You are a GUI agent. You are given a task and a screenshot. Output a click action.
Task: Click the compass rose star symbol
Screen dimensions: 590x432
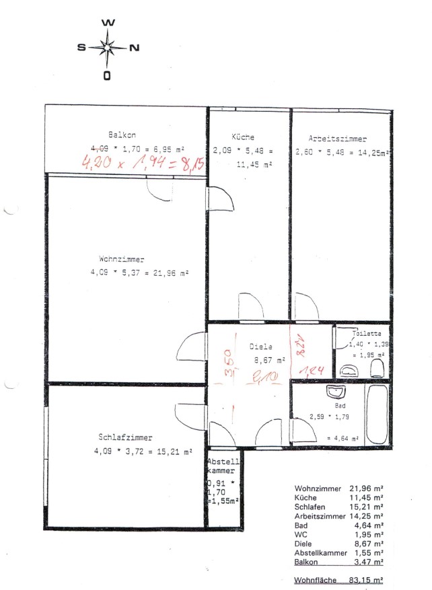click(x=107, y=48)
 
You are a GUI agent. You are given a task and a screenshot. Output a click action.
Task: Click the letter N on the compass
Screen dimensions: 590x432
click(x=133, y=48)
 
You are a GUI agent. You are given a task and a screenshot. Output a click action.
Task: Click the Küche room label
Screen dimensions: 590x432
click(x=243, y=137)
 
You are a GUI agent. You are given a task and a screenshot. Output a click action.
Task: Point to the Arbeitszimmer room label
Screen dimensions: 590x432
click(x=338, y=139)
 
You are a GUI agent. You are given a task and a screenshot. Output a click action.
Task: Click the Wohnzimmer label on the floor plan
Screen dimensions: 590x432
click(x=122, y=258)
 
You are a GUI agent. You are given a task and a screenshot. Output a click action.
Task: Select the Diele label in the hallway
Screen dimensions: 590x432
click(x=260, y=346)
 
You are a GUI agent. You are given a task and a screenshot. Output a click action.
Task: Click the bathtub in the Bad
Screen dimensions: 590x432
click(x=378, y=413)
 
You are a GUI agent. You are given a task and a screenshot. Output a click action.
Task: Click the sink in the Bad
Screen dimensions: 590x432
click(x=334, y=392)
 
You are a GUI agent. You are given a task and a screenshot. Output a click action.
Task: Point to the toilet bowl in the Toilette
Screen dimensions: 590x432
click(x=377, y=367)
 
